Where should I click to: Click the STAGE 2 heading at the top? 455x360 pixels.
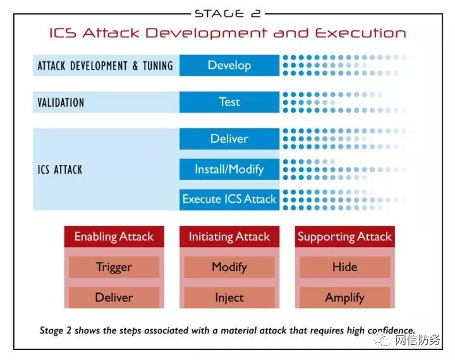click(227, 13)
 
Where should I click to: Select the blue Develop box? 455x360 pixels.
click(229, 65)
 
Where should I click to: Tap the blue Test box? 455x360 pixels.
click(229, 102)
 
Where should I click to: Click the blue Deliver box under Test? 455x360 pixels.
click(229, 139)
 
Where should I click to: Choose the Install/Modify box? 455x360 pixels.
click(229, 169)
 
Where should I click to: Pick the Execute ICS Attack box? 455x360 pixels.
click(229, 199)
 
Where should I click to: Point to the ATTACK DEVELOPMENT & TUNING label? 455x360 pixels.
click(105, 66)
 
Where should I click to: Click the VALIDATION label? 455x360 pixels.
click(61, 102)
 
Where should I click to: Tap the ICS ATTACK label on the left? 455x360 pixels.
click(60, 169)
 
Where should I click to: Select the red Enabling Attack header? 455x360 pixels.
click(114, 237)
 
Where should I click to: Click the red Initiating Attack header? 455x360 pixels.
click(229, 237)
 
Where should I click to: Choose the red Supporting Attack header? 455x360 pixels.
click(344, 237)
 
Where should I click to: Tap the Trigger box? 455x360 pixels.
click(114, 267)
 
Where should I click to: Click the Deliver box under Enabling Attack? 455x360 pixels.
click(114, 297)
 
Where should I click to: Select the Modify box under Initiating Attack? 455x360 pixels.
click(229, 267)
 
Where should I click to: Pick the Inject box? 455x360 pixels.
click(229, 297)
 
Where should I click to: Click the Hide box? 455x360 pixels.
click(344, 267)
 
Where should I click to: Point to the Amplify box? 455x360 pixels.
click(344, 297)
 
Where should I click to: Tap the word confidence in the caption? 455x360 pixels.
click(387, 330)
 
